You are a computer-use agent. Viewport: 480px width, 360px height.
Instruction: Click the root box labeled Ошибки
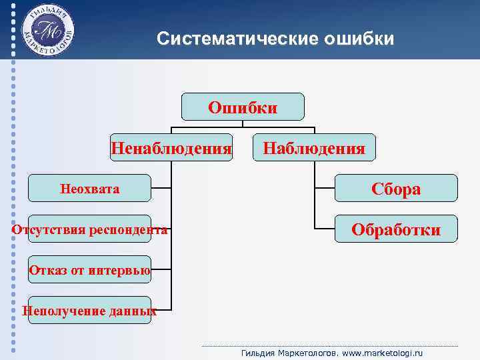coord(243,107)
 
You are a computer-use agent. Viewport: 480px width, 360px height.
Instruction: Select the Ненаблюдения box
coord(171,147)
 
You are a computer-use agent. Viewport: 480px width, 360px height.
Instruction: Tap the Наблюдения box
coord(314,147)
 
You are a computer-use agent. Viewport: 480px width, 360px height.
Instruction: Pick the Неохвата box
coord(90,189)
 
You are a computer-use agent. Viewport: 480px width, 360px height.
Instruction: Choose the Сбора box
coord(395,189)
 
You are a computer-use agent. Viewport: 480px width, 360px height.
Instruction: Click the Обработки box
coord(395,229)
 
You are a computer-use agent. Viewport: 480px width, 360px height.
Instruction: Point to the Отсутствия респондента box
coord(90,230)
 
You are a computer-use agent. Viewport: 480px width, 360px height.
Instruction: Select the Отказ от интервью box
coord(90,270)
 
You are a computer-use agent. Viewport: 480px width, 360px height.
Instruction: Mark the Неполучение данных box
coord(90,311)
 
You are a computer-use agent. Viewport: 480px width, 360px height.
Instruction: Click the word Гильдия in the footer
coord(257,352)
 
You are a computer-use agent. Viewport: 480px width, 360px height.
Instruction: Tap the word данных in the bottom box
coord(131,311)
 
